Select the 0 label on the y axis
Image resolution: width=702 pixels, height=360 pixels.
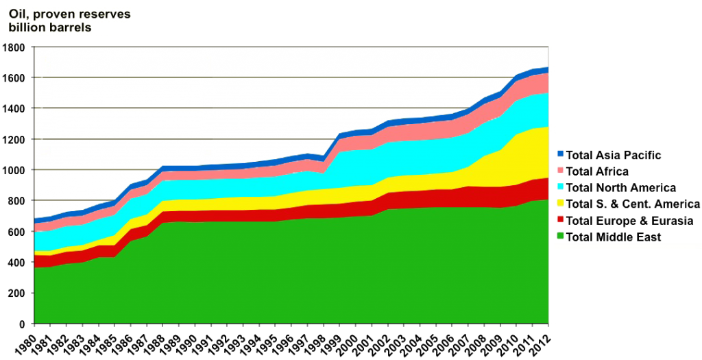[x=23, y=324]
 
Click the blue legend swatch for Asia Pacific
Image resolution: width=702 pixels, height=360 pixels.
[x=560, y=155]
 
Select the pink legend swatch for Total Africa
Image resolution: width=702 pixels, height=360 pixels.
[x=560, y=171]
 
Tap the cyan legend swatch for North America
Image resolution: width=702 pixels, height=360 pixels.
[x=560, y=188]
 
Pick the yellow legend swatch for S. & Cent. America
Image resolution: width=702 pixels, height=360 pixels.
[x=560, y=204]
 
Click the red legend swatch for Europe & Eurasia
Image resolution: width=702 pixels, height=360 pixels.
[x=560, y=220]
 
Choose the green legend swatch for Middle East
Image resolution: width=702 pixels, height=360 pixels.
[x=560, y=237]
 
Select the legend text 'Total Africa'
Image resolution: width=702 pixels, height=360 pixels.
[x=598, y=171]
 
